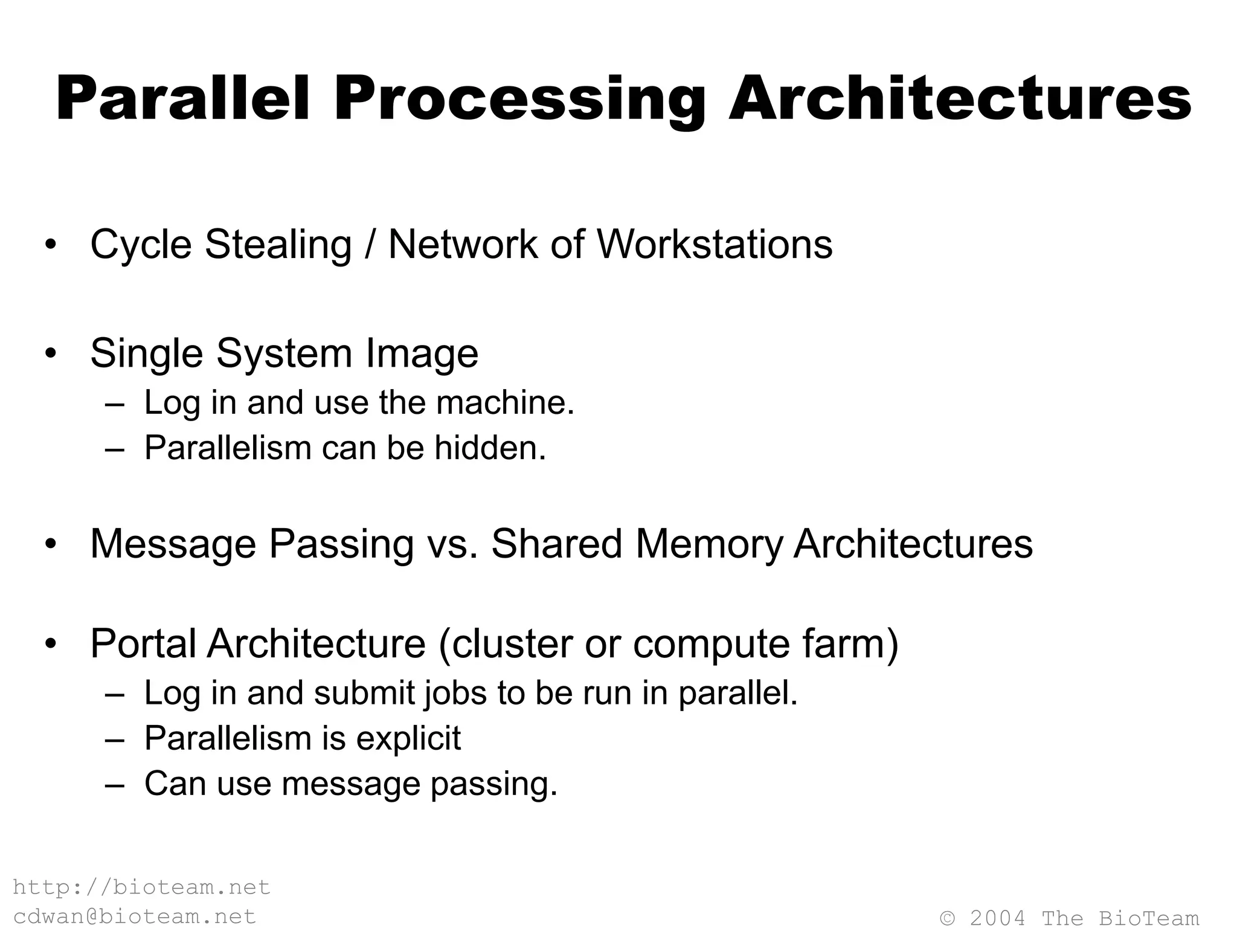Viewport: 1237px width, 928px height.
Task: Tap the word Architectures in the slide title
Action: click(x=960, y=99)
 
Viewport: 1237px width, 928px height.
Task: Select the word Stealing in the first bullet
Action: click(x=278, y=244)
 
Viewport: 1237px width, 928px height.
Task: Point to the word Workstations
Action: click(x=715, y=244)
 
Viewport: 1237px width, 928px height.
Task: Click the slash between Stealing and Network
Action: click(x=370, y=244)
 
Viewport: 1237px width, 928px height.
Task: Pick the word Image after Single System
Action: click(x=422, y=353)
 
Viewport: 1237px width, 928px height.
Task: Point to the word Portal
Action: click(x=143, y=643)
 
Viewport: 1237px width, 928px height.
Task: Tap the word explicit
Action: click(x=408, y=738)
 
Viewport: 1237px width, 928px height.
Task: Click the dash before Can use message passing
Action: click(x=114, y=785)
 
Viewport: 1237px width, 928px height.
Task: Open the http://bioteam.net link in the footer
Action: click(x=141, y=888)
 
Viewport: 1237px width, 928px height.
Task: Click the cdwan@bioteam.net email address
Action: click(x=135, y=917)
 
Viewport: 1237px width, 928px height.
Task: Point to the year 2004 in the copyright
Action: click(x=998, y=918)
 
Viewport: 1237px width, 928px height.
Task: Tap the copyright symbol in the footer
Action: click(x=948, y=918)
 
